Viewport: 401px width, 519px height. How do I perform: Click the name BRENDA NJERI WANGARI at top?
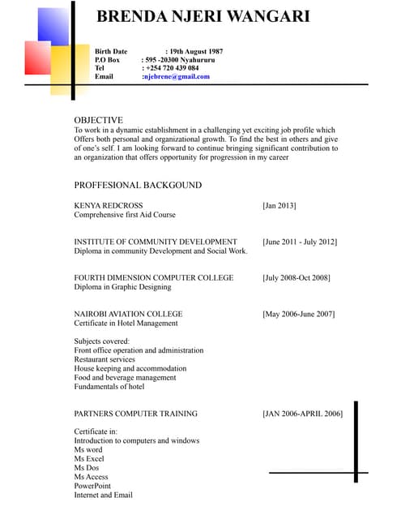pyautogui.click(x=203, y=17)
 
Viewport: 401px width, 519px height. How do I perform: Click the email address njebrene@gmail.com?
pyautogui.click(x=176, y=77)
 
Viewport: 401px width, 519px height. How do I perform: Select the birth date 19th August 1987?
pyautogui.click(x=194, y=51)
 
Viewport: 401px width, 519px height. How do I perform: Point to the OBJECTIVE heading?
pyautogui.click(x=99, y=119)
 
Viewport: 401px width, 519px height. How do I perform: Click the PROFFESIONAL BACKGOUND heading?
pyautogui.click(x=138, y=185)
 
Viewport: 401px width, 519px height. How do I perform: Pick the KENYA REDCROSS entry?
pyautogui.click(x=108, y=206)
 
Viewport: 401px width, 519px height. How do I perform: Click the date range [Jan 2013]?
pyautogui.click(x=279, y=206)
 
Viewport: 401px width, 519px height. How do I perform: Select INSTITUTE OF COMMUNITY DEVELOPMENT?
pyautogui.click(x=156, y=242)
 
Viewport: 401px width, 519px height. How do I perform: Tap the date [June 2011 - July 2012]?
pyautogui.click(x=300, y=242)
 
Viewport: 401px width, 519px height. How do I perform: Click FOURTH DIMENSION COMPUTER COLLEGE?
pyautogui.click(x=154, y=277)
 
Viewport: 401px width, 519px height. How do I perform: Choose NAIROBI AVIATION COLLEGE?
pyautogui.click(x=128, y=314)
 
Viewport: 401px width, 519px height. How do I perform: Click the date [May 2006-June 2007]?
pyautogui.click(x=298, y=314)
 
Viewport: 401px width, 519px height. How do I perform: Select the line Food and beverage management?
pyautogui.click(x=125, y=377)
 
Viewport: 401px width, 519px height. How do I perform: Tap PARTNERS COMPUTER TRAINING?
pyautogui.click(x=135, y=414)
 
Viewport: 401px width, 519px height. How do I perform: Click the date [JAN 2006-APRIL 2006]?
pyautogui.click(x=302, y=414)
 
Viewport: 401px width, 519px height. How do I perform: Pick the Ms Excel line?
pyautogui.click(x=89, y=459)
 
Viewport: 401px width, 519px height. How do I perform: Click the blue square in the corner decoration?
pyautogui.click(x=53, y=25)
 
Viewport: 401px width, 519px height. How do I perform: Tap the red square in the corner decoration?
pyautogui.click(x=37, y=57)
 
